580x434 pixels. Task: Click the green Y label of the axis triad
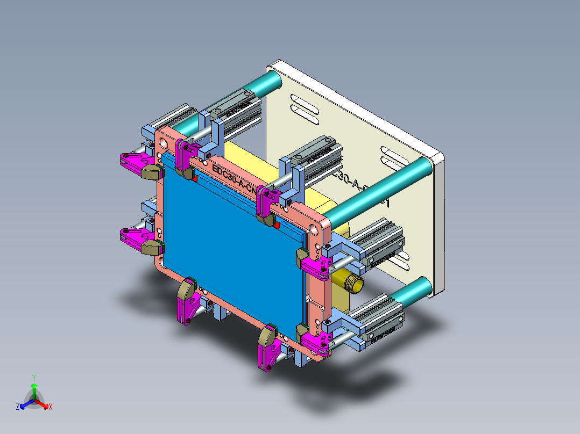coord(33,378)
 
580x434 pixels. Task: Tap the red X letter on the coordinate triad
coord(51,407)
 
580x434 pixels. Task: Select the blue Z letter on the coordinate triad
coord(18,407)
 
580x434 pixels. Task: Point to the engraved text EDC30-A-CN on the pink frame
coord(236,178)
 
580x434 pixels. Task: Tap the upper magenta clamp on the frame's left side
coord(133,160)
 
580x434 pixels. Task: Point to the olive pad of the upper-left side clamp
coord(153,171)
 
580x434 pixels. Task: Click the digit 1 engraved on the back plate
coord(385,204)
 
